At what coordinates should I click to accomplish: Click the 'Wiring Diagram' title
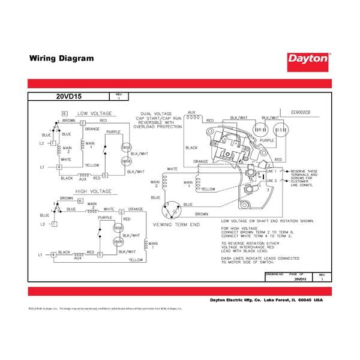pos(61,59)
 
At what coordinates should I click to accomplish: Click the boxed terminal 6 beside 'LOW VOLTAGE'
pos(64,113)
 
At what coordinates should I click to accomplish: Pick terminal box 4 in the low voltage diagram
pos(58,166)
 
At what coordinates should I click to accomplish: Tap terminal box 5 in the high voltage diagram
pos(122,255)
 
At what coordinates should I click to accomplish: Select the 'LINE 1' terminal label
pos(271,172)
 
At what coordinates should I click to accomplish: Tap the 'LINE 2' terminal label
pos(271,180)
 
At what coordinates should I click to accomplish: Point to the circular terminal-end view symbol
pos(172,209)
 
